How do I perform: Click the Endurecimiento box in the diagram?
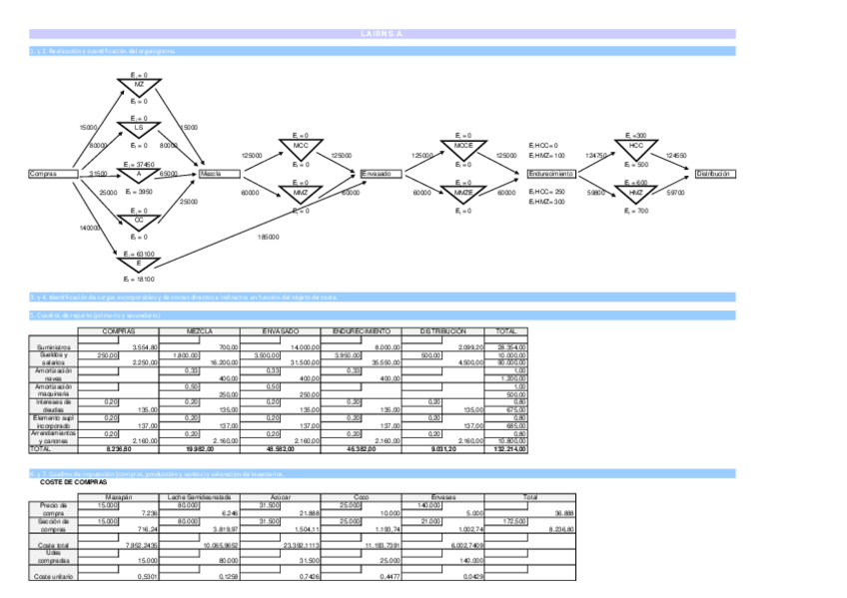click(x=551, y=174)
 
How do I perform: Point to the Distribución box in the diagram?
click(x=714, y=174)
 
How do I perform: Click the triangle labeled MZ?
click(x=139, y=87)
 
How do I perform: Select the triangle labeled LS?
click(x=139, y=130)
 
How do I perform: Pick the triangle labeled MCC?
click(x=301, y=149)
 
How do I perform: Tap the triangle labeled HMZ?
click(x=636, y=194)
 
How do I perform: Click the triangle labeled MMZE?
click(x=463, y=194)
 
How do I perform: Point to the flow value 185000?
click(x=268, y=237)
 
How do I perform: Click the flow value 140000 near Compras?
click(x=89, y=229)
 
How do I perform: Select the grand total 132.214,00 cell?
click(x=506, y=449)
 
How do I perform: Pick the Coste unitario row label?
click(x=50, y=576)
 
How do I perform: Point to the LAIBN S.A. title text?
click(x=383, y=34)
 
